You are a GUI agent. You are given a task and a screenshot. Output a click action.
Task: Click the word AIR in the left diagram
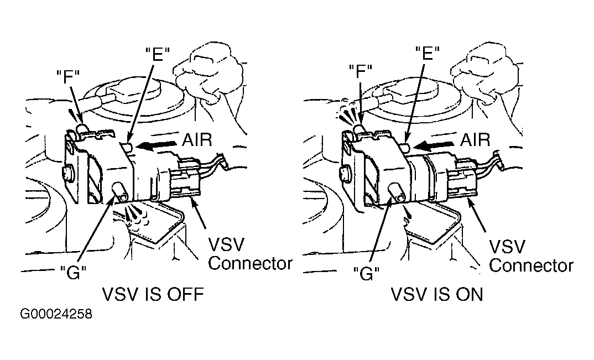point(197,140)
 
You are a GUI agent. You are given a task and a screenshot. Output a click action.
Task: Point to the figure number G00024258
point(56,316)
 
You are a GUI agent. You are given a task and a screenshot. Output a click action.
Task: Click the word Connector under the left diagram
point(250,263)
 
